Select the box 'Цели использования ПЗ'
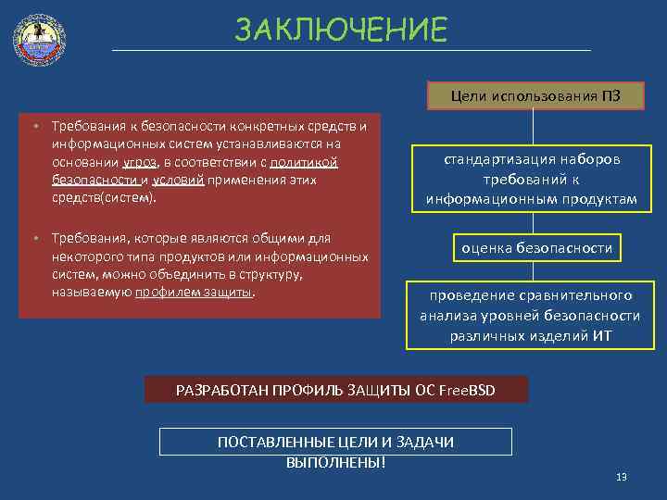tap(535, 95)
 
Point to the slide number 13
tap(622, 477)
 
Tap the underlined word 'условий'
tap(178, 180)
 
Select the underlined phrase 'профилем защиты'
tap(194, 293)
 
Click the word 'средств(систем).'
tap(105, 197)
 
